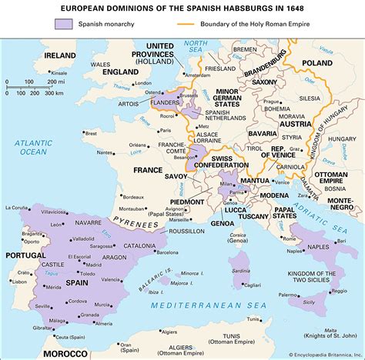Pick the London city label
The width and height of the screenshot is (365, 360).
pos(141,82)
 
